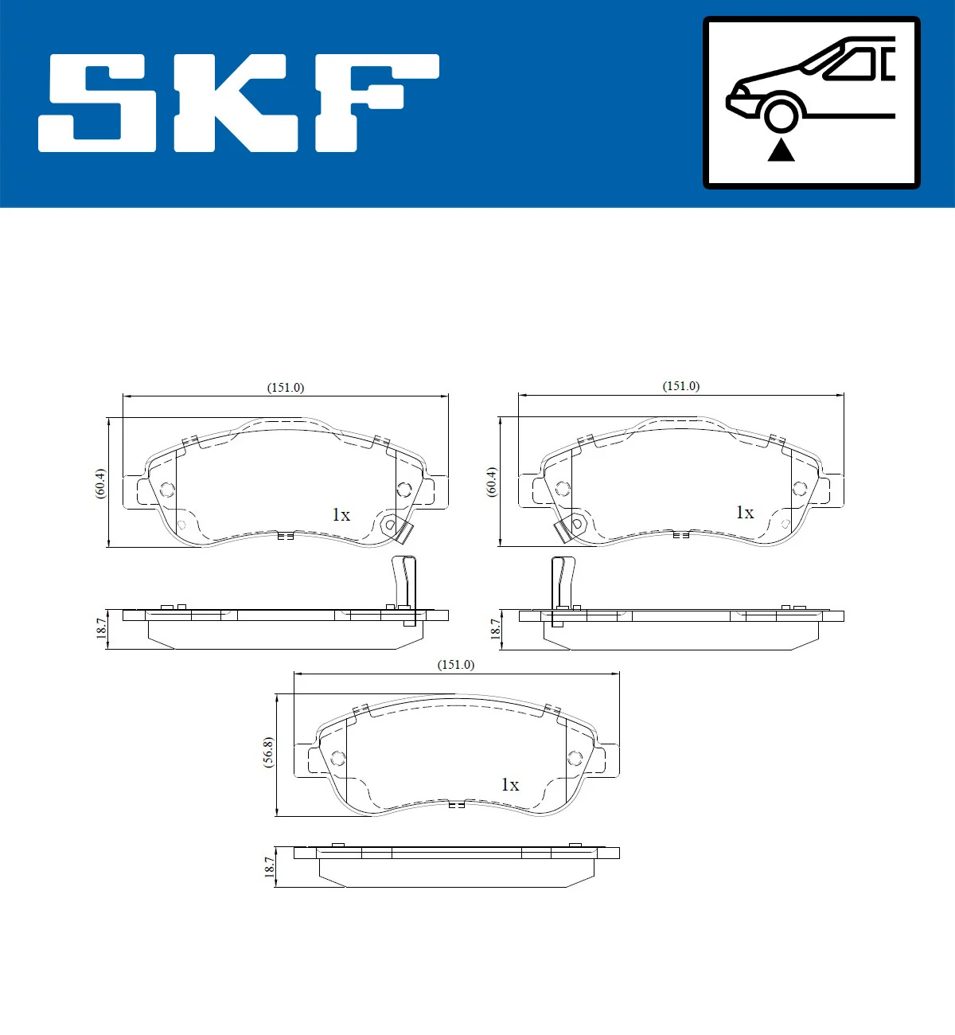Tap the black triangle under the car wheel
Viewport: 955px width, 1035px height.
click(x=781, y=150)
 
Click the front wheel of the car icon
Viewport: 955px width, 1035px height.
click(x=781, y=114)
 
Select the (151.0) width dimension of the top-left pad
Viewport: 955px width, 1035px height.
click(x=285, y=388)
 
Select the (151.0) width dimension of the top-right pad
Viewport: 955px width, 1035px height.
click(x=680, y=386)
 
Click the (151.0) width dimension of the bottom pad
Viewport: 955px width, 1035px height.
click(x=455, y=665)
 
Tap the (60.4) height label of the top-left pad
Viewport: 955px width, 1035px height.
click(x=100, y=483)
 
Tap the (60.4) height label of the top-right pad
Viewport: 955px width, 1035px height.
click(x=492, y=482)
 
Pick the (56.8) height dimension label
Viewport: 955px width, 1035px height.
click(x=268, y=752)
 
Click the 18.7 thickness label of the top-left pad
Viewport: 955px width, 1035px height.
click(x=101, y=628)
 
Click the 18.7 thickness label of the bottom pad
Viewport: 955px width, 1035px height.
click(x=269, y=867)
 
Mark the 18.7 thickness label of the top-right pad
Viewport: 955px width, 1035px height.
click(x=494, y=629)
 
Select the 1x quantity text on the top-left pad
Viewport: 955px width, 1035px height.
click(x=341, y=515)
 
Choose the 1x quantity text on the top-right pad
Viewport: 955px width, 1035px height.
click(x=744, y=513)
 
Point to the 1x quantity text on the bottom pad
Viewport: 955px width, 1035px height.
click(x=509, y=785)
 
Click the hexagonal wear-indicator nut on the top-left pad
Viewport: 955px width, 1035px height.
click(x=389, y=525)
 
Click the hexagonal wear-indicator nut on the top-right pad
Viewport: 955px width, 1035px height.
click(x=578, y=525)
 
